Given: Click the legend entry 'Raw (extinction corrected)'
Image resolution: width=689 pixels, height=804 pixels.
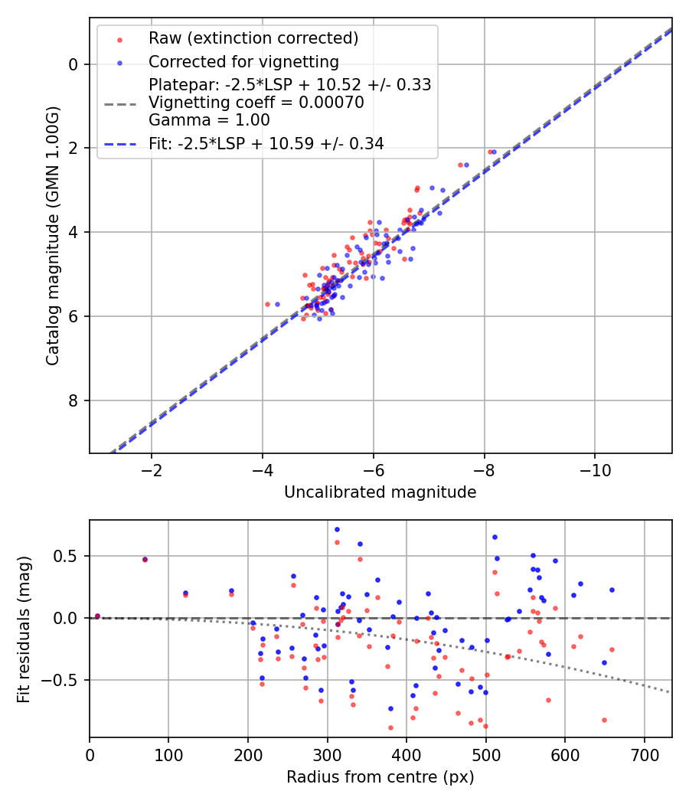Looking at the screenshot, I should click(x=253, y=38).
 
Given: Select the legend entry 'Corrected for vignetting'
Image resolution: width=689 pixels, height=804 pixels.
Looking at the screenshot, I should click(x=243, y=61).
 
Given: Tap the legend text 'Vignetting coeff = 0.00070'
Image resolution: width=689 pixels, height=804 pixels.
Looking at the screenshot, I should click(x=256, y=103).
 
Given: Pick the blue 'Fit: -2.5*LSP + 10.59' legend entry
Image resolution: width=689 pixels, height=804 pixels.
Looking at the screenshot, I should click(x=266, y=143).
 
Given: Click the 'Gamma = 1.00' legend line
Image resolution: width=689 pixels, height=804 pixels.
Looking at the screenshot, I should click(x=209, y=119).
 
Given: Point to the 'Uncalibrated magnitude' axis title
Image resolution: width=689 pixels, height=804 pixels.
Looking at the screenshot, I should click(x=380, y=492).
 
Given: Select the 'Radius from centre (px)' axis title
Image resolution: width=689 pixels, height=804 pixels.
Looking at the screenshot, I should click(x=380, y=777).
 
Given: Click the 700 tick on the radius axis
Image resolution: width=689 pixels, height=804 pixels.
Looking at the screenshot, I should click(x=644, y=755).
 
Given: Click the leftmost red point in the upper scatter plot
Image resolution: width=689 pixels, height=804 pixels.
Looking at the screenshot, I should click(x=267, y=304).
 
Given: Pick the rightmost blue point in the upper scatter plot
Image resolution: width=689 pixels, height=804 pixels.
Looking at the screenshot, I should click(x=494, y=152).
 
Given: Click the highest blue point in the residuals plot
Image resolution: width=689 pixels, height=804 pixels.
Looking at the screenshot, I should click(x=337, y=529).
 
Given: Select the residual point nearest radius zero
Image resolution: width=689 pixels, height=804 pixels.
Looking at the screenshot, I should click(x=97, y=616).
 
